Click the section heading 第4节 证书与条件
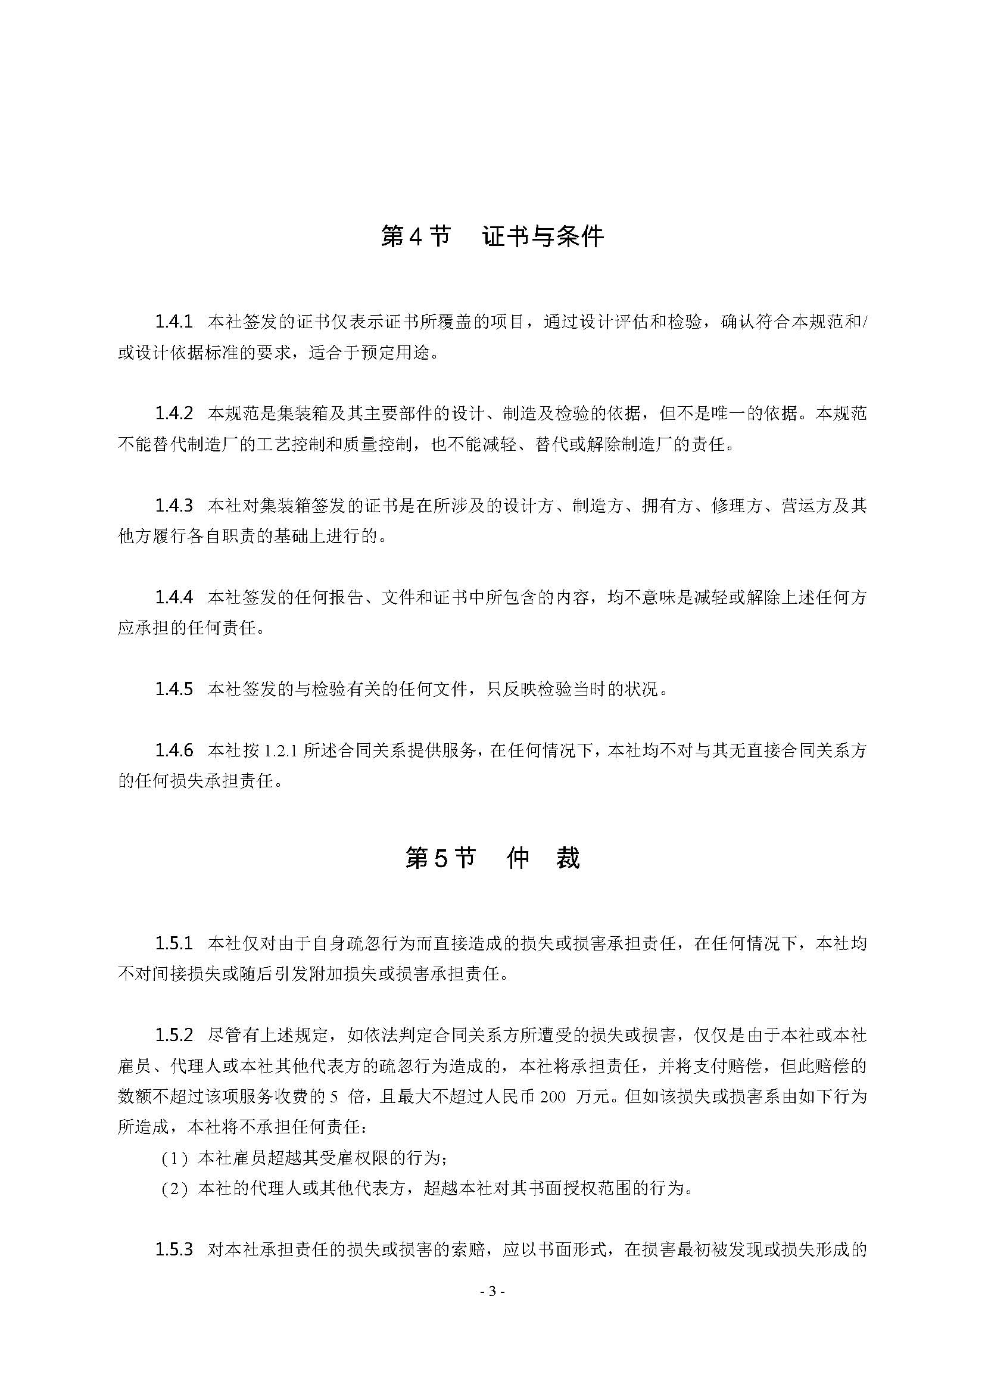click(492, 236)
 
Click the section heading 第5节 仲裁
click(492, 858)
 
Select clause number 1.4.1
click(173, 322)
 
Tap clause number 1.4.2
click(173, 414)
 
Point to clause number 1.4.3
click(173, 506)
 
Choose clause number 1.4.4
click(173, 597)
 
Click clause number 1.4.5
click(173, 689)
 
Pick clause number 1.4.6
click(173, 750)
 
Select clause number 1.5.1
click(173, 943)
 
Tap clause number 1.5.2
click(173, 1035)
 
